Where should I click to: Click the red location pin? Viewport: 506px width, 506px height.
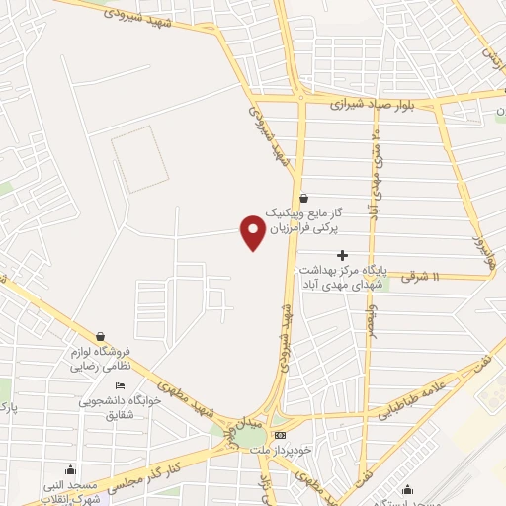tap(253, 232)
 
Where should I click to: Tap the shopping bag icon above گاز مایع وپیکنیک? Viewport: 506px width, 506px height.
tap(302, 197)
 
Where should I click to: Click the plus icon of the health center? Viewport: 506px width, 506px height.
tap(342, 255)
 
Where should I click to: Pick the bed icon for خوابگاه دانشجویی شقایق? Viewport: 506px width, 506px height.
tap(120, 386)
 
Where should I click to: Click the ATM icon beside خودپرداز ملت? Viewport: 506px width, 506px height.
tap(281, 435)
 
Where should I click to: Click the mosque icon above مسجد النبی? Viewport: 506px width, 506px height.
tap(71, 470)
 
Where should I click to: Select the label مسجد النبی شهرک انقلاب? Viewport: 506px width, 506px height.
tap(69, 491)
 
